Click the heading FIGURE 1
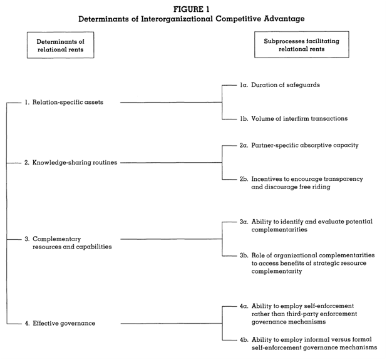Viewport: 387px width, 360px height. [x=191, y=9]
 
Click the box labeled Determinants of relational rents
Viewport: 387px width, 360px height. [x=61, y=45]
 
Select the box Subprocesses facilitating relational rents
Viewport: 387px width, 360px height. [x=302, y=44]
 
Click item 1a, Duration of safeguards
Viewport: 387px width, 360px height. [x=280, y=85]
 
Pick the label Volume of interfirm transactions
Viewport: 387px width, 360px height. [x=299, y=118]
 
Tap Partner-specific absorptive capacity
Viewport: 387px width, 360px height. [x=305, y=145]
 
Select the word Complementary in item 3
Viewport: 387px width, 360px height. [x=57, y=239]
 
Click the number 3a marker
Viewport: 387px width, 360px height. [x=244, y=222]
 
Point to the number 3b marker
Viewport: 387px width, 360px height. [x=244, y=255]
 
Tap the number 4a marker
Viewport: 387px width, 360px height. [x=244, y=306]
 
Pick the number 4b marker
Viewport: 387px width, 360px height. [x=244, y=340]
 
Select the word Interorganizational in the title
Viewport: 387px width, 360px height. [x=177, y=19]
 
